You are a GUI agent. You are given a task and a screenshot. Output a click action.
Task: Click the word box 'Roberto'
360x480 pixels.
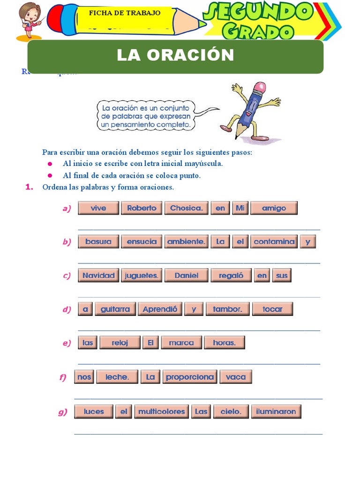[142, 208]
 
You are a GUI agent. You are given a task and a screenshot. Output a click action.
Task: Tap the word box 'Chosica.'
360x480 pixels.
[186, 208]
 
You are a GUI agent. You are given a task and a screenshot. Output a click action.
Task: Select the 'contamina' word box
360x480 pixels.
[274, 242]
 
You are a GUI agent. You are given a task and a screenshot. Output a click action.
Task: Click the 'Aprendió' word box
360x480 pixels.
[160, 309]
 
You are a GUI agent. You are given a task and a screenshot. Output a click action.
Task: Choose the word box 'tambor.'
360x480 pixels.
[227, 309]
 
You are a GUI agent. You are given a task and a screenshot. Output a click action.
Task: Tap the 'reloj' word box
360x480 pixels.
[120, 343]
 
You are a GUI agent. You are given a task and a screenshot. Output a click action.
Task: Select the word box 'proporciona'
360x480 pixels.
[189, 377]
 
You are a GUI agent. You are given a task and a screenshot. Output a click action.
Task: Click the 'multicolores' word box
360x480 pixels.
[162, 412]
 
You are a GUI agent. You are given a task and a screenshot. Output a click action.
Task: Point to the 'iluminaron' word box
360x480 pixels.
[276, 412]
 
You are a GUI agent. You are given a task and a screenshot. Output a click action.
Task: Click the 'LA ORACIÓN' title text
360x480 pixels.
[175, 55]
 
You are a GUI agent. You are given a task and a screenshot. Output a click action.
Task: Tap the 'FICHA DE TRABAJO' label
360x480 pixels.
[125, 13]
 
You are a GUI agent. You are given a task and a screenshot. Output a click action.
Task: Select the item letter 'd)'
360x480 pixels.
[67, 309]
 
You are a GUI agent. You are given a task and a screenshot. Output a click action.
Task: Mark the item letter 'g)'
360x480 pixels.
[63, 412]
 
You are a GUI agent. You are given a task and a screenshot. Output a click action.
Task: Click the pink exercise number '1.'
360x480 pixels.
[29, 187]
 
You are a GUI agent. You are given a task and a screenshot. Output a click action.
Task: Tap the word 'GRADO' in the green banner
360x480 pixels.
[258, 31]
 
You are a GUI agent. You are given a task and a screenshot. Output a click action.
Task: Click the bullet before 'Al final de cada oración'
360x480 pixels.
[49, 176]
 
